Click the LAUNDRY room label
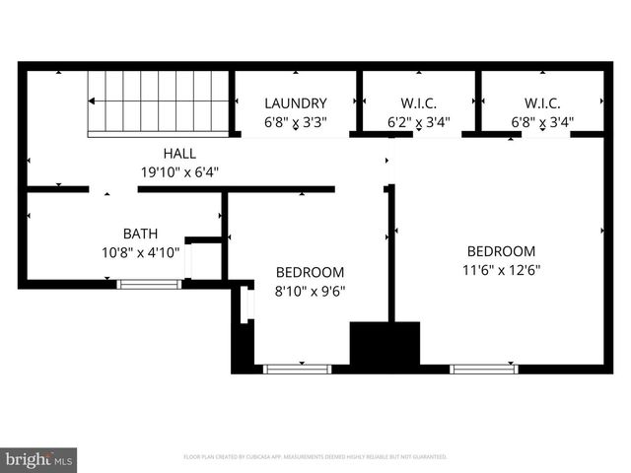pos(295,103)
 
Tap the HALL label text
pos(179,154)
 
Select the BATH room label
pos(139,234)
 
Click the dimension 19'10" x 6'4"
pos(179,171)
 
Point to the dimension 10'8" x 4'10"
pos(139,251)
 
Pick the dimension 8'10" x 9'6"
pos(310,291)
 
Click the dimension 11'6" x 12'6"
pos(501,269)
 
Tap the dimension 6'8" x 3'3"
pos(295,122)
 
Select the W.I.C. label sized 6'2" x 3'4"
pos(418,103)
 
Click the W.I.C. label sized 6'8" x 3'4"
pos(542,103)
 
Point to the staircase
pos(158,101)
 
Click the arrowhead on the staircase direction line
pos(93,101)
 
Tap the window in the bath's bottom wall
pos(149,284)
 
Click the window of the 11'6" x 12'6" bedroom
pos(484,369)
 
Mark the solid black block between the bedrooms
pos(386,344)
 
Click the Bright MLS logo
pos(39,459)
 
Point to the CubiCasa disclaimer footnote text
pos(315,457)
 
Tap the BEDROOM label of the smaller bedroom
pos(310,273)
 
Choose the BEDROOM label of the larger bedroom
pos(501,251)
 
